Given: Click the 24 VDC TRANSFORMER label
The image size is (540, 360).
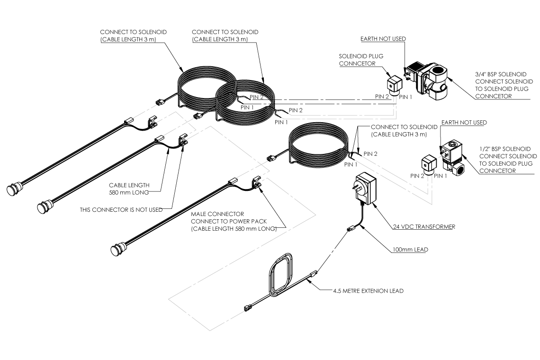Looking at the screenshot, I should coord(423,227).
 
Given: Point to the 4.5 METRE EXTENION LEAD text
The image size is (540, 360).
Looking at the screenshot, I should coord(369,291).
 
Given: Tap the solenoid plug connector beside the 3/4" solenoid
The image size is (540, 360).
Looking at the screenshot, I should coord(393,84).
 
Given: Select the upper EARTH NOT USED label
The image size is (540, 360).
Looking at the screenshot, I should coord(383,38).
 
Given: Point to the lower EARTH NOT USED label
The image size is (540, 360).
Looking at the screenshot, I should coord(464,123).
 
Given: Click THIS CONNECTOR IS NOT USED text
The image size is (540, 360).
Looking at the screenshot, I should coord(121,209).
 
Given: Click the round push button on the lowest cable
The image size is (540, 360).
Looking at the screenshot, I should coord(117,249).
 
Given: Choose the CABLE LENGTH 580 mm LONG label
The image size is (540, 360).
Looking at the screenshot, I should coord(128,189).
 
